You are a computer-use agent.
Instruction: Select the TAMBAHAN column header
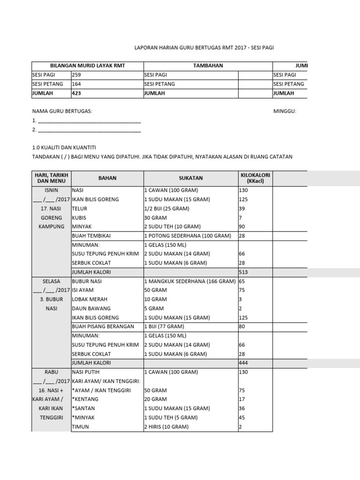point(208,66)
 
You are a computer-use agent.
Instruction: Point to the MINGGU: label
point(285,111)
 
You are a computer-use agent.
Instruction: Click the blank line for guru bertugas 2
point(89,130)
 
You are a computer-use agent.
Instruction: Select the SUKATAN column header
point(190,178)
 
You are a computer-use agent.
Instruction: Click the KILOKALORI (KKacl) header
point(255,178)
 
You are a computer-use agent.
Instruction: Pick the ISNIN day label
point(51,190)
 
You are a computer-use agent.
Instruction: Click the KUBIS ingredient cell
point(79,218)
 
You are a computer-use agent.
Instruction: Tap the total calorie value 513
point(243,272)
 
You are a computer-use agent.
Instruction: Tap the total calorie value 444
point(243,363)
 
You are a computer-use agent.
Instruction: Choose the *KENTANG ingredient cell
point(85,399)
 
